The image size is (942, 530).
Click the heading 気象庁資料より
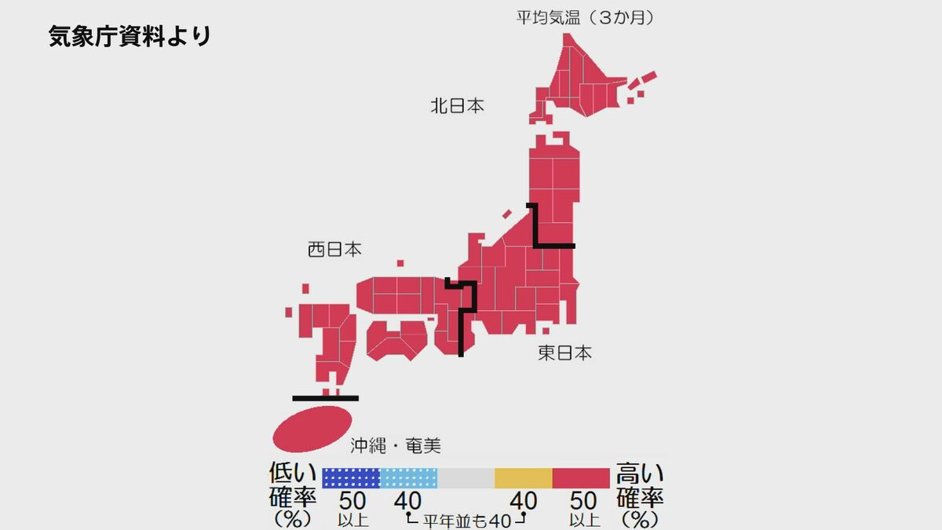coord(130,36)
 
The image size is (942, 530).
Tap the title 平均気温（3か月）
coord(585,16)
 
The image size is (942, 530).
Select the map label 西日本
coord(334,250)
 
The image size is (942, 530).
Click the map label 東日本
coord(565,353)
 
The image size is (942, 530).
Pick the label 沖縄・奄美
coord(395,447)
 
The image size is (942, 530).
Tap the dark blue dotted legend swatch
coord(351,478)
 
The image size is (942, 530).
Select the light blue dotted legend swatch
coord(408,478)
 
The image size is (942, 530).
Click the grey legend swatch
coord(466,478)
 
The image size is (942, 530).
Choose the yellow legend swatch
coord(523,478)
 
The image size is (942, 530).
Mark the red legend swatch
coord(581,478)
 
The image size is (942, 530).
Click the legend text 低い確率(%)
coord(292,495)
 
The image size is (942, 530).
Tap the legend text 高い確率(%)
coord(640,495)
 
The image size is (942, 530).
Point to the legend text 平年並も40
coord(466,520)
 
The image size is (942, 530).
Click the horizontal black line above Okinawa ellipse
coord(325,398)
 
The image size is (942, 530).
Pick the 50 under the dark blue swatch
coord(352,500)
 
